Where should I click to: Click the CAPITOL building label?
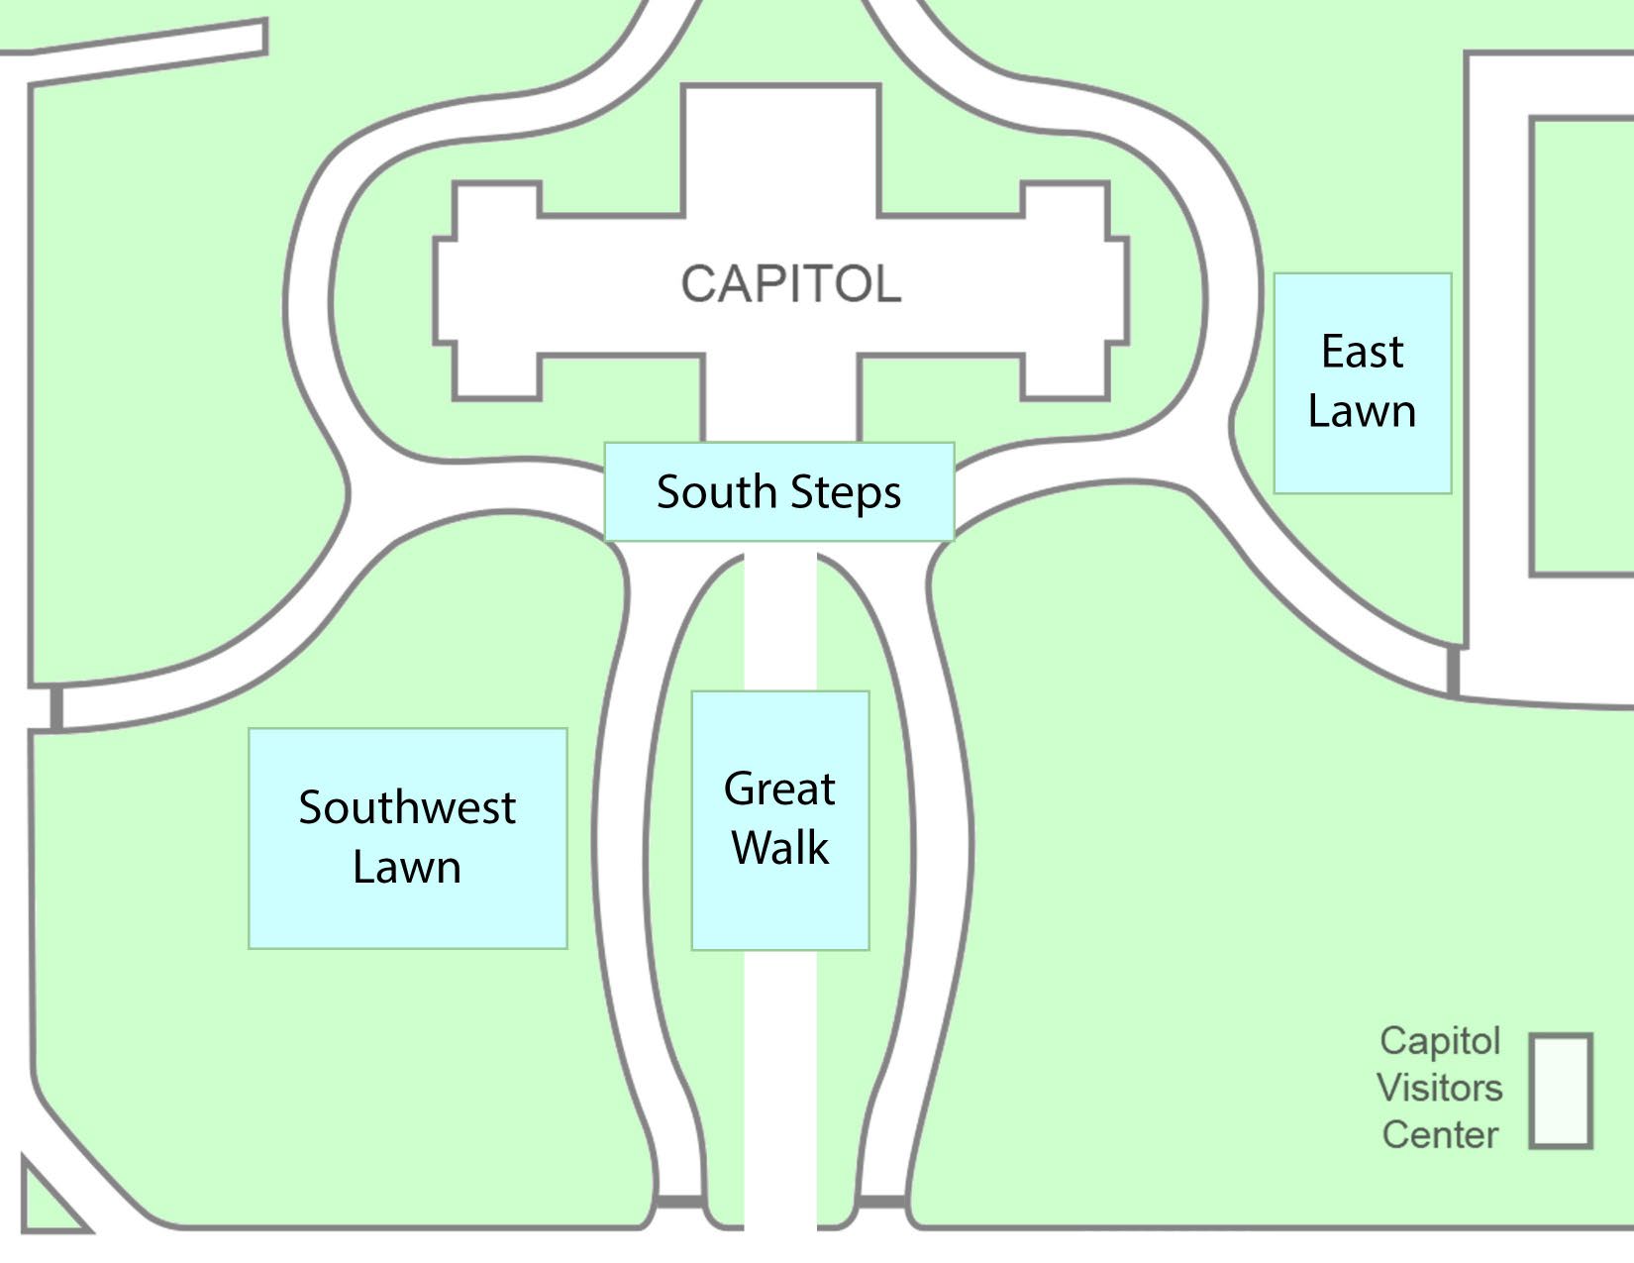pos(790,284)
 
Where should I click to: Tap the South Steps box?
pos(779,492)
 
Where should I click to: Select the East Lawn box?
pos(1362,383)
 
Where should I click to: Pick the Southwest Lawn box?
pos(407,838)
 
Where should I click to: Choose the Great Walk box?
pos(779,820)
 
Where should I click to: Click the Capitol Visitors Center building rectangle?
pos(1560,1091)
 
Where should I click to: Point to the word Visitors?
pos(1439,1088)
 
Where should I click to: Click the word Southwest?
pos(407,807)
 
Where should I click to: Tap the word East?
pos(1362,352)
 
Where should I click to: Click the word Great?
pos(779,789)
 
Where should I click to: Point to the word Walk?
pos(779,849)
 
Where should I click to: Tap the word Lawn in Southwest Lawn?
pos(407,868)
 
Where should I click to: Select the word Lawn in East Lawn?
pos(1362,411)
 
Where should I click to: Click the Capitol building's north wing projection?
pos(780,149)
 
